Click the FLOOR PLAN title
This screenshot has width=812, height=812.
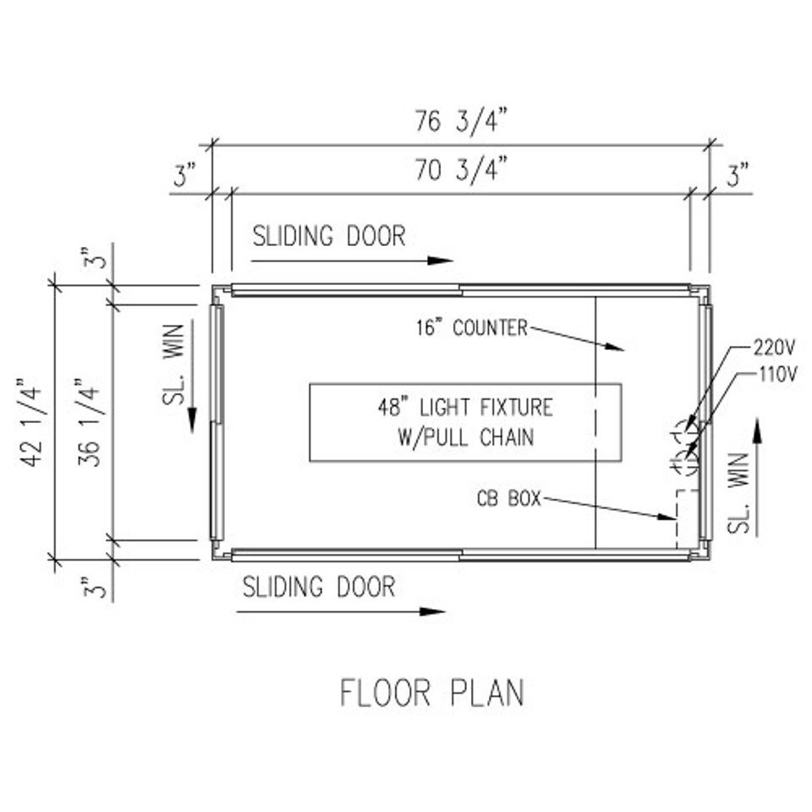point(431,692)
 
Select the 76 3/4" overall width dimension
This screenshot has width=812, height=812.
point(460,122)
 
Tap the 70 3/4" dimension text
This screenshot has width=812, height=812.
point(460,172)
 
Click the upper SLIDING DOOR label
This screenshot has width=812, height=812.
point(329,236)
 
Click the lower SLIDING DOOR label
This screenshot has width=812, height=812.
point(319,587)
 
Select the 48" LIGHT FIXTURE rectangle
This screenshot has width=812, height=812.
point(465,422)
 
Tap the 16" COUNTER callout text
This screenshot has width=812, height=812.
point(471,327)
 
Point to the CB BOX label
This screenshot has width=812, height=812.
point(507,499)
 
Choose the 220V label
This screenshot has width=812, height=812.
point(774,347)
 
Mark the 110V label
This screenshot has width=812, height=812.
point(774,374)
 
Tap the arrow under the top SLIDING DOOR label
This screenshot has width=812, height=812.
point(352,261)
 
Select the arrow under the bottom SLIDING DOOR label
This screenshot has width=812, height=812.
point(341,611)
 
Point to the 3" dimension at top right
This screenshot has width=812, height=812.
point(738,177)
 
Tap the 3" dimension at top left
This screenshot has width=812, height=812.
point(184,177)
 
